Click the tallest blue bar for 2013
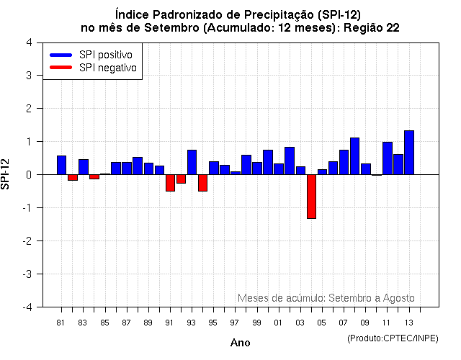(409, 153)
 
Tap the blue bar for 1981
(61, 165)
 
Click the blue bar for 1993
(192, 162)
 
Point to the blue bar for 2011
(387, 158)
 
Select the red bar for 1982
(72, 177)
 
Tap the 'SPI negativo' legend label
(108, 68)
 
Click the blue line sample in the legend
(61, 55)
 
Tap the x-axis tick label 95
(213, 322)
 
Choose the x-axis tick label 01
(278, 322)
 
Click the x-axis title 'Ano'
(240, 343)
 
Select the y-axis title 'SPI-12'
(6, 174)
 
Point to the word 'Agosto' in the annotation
(399, 298)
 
